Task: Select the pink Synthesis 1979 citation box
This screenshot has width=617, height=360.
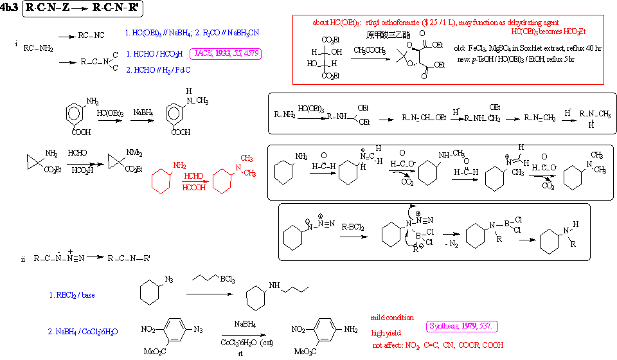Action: coord(462,327)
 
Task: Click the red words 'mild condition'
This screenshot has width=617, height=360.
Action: coord(392,318)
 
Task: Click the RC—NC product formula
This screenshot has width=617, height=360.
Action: coord(92,36)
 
